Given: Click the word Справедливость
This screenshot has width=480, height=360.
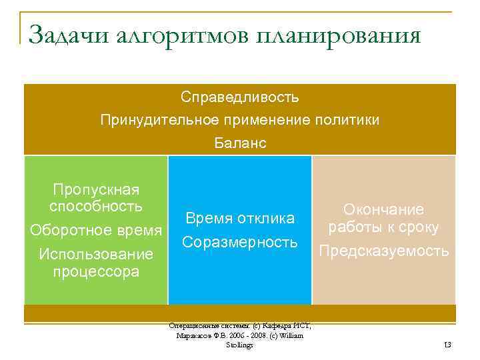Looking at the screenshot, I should point(240,97).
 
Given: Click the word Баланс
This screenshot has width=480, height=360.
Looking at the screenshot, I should point(240,143).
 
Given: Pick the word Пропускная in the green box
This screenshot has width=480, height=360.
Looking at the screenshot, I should point(96,190).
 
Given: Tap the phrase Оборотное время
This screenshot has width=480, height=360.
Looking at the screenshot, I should point(96,230).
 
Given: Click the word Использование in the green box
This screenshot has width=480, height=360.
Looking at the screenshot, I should point(96,254).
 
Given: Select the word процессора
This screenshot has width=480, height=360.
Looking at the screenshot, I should point(96,271).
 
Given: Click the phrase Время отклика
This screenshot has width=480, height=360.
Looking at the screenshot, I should point(240,219).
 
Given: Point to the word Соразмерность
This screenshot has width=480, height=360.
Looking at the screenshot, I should point(240,242).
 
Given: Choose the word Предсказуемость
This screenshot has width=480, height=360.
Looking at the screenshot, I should point(383,251).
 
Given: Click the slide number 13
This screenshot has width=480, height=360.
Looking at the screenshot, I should point(447,344).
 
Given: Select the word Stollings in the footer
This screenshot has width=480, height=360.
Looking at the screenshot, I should point(239,345).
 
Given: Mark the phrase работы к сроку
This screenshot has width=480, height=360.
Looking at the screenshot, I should point(383,227).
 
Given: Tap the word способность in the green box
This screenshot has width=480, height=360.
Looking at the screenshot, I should point(96,206).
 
